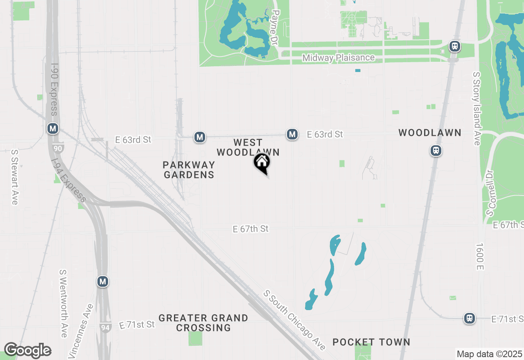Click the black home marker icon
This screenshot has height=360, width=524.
point(262,163)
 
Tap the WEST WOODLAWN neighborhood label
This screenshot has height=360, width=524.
point(248,147)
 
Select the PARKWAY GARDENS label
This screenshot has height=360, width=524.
point(189,170)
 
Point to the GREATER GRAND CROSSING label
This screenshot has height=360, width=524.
point(203,323)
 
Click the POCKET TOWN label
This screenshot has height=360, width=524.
point(371,342)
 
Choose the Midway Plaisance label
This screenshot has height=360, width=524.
point(339,58)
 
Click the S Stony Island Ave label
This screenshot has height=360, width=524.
point(477,108)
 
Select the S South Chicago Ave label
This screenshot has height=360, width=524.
point(295,320)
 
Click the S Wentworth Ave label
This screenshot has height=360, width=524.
point(63,303)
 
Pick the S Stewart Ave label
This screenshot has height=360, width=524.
point(15,177)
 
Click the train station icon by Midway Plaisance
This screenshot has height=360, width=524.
point(454,46)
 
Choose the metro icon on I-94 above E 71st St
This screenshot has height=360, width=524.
point(103,281)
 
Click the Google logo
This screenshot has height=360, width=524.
point(27,351)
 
